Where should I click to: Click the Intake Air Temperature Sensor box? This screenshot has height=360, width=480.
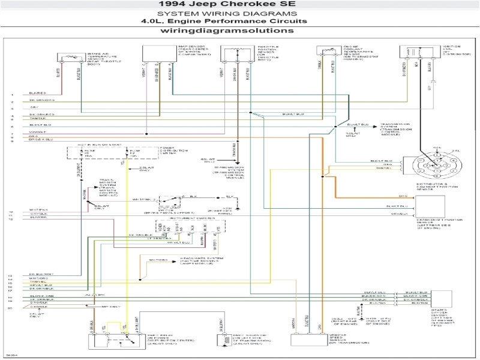[x=72, y=58]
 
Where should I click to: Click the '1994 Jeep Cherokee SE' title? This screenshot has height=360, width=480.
[x=239, y=5]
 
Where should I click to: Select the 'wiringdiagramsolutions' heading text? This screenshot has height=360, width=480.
[x=239, y=30]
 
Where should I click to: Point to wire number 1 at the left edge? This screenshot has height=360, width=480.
[x=11, y=95]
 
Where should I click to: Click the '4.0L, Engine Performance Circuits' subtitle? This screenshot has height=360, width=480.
[x=239, y=20]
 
